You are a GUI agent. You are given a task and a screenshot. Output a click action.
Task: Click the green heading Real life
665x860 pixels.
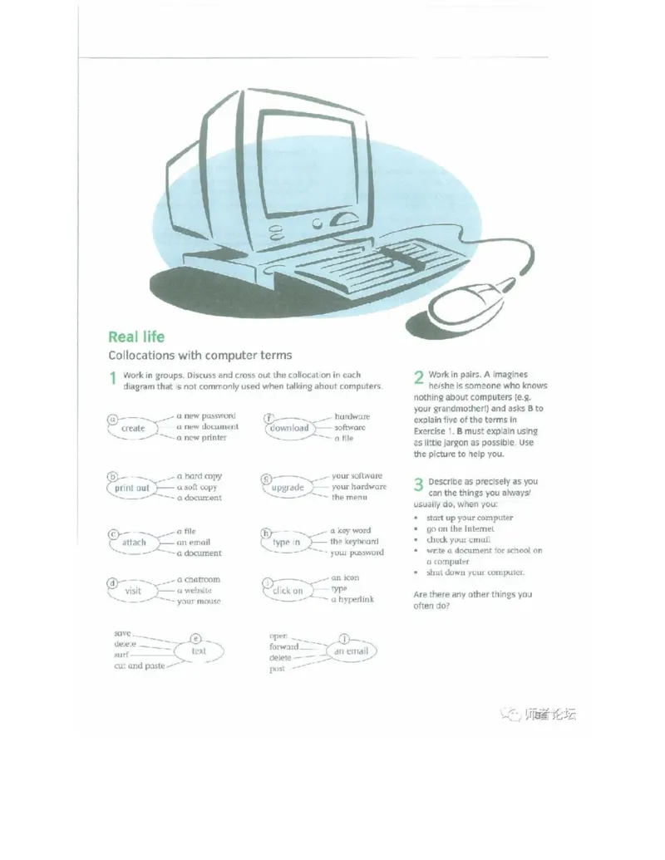pos(136,337)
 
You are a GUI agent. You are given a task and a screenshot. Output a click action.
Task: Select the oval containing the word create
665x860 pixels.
pos(133,428)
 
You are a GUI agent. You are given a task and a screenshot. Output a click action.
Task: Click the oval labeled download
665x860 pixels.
pos(289,428)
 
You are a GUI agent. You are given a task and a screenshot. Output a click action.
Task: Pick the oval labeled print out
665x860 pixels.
pos(132,488)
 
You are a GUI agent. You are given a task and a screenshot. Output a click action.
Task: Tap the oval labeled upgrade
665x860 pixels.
pos(288,488)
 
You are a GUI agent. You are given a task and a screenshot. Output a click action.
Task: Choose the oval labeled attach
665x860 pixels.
pos(134,543)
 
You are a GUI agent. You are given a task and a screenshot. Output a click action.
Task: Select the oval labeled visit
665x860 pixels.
pos(133,591)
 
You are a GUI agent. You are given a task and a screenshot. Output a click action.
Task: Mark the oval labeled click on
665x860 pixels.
pos(288,591)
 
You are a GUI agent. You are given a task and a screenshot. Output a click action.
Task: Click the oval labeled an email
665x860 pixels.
pos(351,651)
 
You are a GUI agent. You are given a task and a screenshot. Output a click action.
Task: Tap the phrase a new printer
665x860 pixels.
pos(201,437)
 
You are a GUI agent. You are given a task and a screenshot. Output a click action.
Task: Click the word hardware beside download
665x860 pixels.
pos(352,416)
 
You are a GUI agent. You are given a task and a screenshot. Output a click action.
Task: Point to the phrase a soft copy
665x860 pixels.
pos(197,487)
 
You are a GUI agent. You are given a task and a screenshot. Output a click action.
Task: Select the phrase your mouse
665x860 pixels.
pos(199,601)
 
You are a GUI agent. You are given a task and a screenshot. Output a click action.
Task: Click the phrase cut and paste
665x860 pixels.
pos(140,666)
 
